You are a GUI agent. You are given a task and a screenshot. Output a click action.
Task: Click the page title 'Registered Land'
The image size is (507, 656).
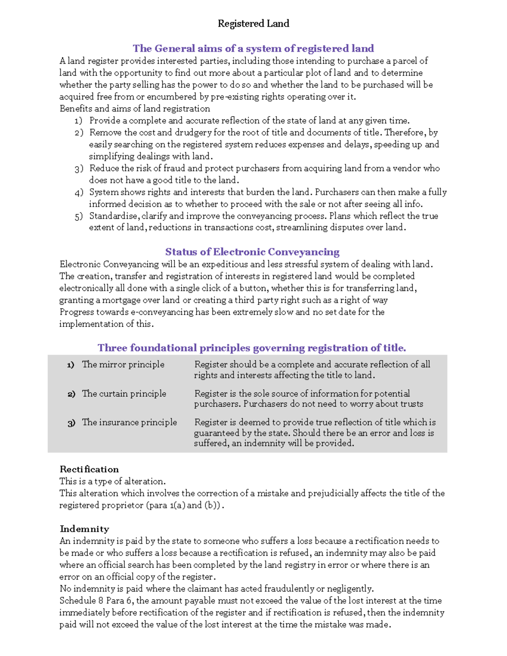click(x=253, y=24)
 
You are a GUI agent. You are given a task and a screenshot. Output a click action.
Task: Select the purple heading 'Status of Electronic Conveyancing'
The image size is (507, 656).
click(x=252, y=252)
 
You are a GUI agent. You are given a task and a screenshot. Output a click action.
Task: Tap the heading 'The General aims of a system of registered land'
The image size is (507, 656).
click(x=253, y=49)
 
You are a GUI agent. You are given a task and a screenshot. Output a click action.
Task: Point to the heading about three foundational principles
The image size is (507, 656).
click(x=252, y=348)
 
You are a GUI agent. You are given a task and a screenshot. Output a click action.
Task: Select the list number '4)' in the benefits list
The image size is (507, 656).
click(x=79, y=193)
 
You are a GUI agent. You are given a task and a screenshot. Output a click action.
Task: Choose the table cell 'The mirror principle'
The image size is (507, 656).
click(x=123, y=365)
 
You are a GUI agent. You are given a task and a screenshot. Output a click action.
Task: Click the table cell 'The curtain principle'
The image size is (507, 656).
click(x=124, y=394)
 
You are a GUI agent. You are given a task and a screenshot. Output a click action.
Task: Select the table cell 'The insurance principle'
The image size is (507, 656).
click(x=129, y=422)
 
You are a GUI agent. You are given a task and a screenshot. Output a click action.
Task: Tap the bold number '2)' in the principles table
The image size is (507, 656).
click(x=71, y=394)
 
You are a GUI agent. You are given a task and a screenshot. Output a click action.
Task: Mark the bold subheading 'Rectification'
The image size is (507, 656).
click(x=89, y=469)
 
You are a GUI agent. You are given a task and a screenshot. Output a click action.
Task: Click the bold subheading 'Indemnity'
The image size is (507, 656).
click(x=84, y=529)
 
